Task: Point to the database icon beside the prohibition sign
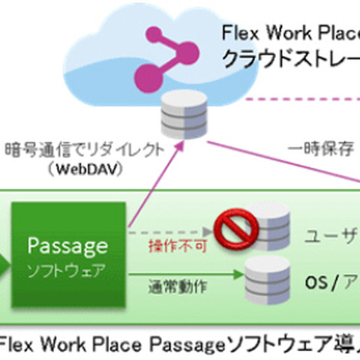pyautogui.click(x=271, y=223)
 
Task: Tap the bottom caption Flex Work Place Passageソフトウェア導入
pyautogui.click(x=180, y=344)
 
